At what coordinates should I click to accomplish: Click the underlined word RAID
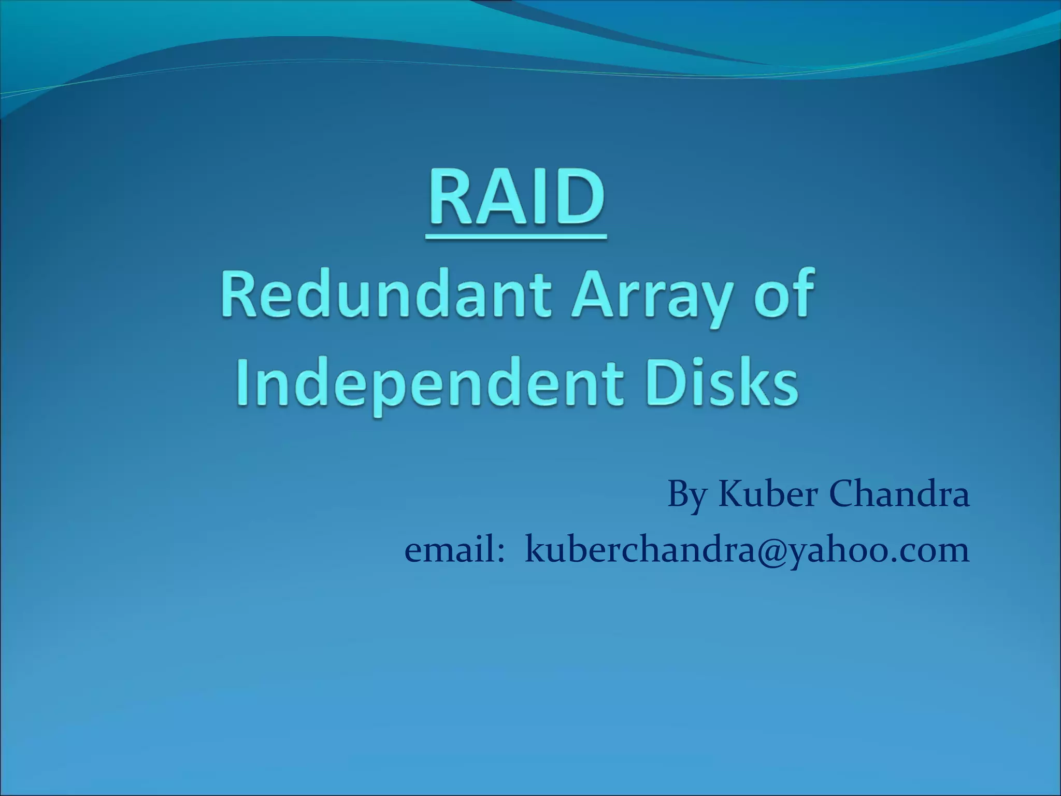tap(516, 199)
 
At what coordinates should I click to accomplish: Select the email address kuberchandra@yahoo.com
tap(747, 551)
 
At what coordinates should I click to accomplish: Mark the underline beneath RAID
tap(516, 236)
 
